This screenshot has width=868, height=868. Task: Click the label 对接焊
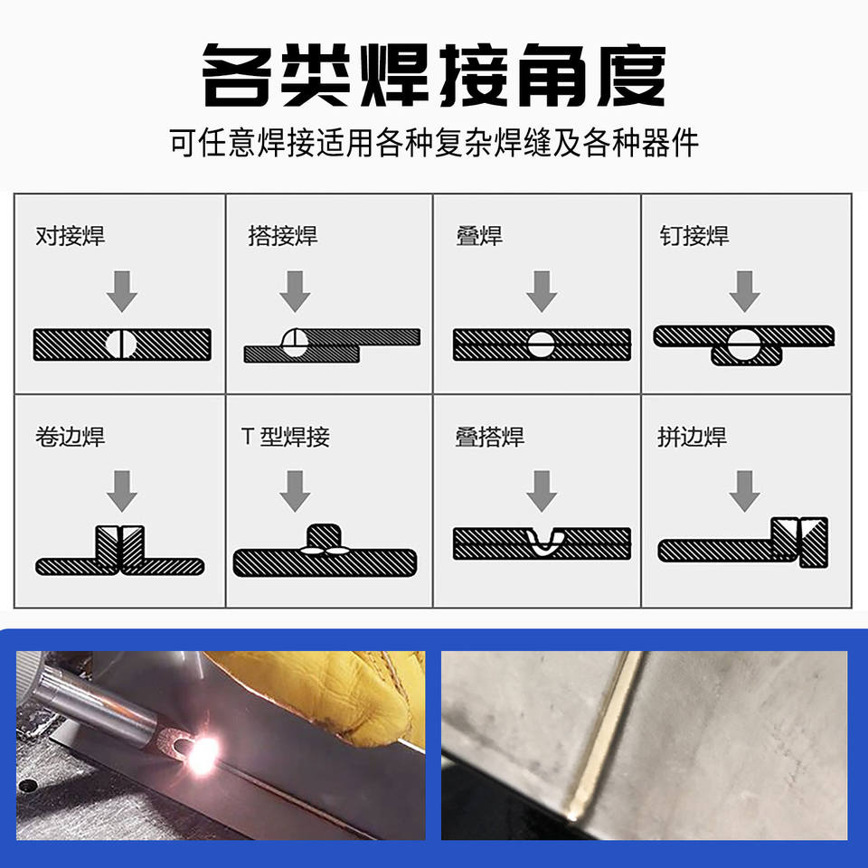[x=71, y=236]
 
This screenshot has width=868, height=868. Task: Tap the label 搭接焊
[x=283, y=236]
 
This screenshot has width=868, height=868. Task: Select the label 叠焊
[x=479, y=236]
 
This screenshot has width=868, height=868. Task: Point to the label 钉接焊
[x=694, y=236]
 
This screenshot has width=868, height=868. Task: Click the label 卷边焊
[x=71, y=437]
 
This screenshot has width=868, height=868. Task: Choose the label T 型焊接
[x=286, y=437]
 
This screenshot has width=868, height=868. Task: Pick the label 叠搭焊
[x=490, y=437]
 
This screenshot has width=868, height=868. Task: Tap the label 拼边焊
[x=692, y=437]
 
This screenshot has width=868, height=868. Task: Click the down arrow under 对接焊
[x=122, y=291]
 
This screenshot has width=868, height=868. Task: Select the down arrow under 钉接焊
[x=744, y=291]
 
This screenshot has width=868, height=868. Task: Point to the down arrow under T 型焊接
[x=295, y=491]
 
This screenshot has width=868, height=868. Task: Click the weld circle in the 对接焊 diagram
[x=121, y=344]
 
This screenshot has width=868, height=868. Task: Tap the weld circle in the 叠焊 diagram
[x=541, y=344]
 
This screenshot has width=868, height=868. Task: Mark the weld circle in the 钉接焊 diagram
[x=743, y=344]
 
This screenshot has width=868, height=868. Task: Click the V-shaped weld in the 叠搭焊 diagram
[x=543, y=541]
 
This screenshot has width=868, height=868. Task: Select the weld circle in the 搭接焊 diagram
[x=295, y=343]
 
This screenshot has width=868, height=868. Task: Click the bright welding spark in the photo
[x=203, y=754]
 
